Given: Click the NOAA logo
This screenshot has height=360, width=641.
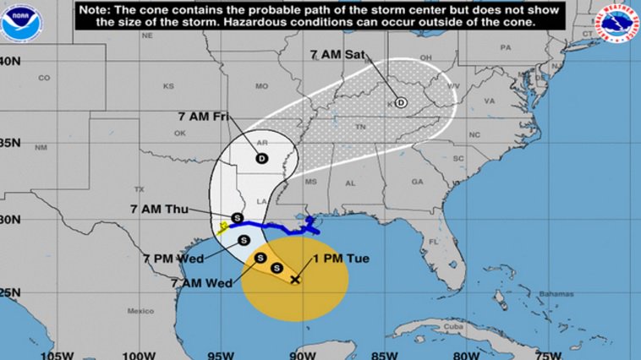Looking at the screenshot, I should coord(20,24).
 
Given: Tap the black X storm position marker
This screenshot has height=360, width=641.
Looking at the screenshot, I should coord(295,279).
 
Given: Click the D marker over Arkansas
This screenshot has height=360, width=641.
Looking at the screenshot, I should coord(261,158).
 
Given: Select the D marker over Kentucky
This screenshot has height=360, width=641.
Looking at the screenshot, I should coord(401,102).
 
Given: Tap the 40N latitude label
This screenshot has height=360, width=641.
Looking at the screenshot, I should coord(10,61).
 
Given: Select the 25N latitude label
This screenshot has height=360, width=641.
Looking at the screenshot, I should coord(10,292).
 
